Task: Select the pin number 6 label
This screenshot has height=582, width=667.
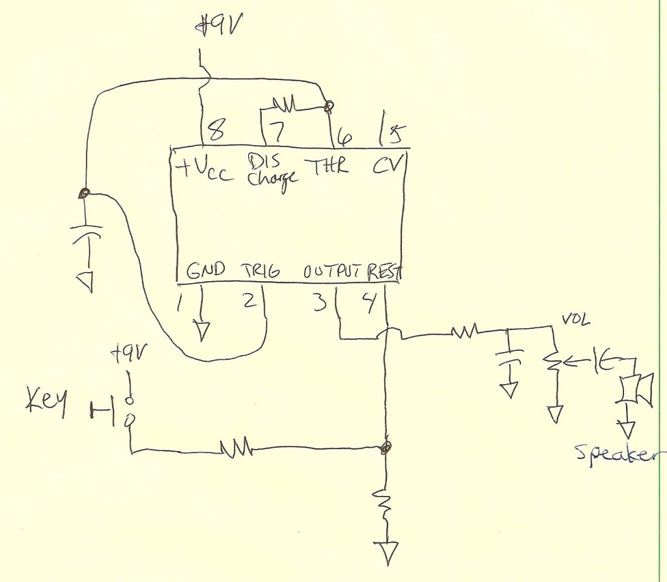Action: pos(345,137)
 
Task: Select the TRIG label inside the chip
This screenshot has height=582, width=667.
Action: pos(261,271)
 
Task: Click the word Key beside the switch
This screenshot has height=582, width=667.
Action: pos(48,404)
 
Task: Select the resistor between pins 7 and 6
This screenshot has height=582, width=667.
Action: pos(283,103)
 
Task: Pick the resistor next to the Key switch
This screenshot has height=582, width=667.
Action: pos(235,447)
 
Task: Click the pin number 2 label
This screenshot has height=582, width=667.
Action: pos(249,301)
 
